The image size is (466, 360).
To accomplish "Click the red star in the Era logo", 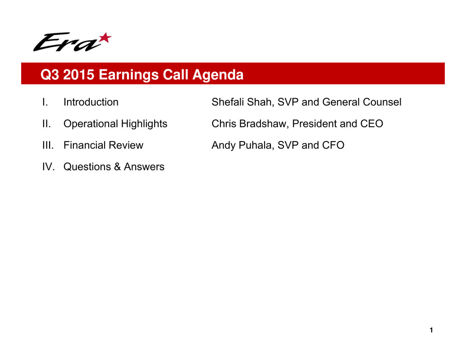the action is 105,38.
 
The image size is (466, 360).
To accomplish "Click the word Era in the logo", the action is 67,42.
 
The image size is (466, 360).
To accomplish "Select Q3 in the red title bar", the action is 50,74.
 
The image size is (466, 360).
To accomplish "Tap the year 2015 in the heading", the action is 79,74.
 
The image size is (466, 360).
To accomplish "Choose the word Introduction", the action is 91,102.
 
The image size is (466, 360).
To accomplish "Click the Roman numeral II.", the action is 46,123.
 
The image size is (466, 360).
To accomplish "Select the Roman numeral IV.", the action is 48,167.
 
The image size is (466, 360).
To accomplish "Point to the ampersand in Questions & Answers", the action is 117,167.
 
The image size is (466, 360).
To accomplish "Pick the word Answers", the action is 144,167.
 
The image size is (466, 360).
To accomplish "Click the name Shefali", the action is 228,102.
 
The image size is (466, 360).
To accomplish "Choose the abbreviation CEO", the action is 372,123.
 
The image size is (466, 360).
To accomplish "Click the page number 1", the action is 431,330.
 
